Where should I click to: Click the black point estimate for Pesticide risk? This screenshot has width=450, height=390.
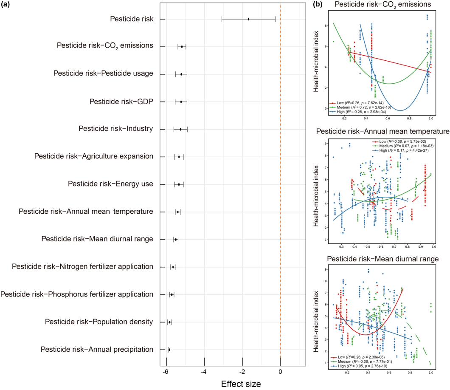coord(248,19)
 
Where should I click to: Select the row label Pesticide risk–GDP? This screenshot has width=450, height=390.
coord(121,102)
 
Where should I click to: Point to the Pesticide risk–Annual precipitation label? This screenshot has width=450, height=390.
coord(97,350)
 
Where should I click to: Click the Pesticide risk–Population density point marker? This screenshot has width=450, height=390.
coord(170,322)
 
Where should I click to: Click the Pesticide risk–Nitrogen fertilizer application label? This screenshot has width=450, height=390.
coord(82,267)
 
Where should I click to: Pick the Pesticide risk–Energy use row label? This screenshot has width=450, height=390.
coord(110,184)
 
